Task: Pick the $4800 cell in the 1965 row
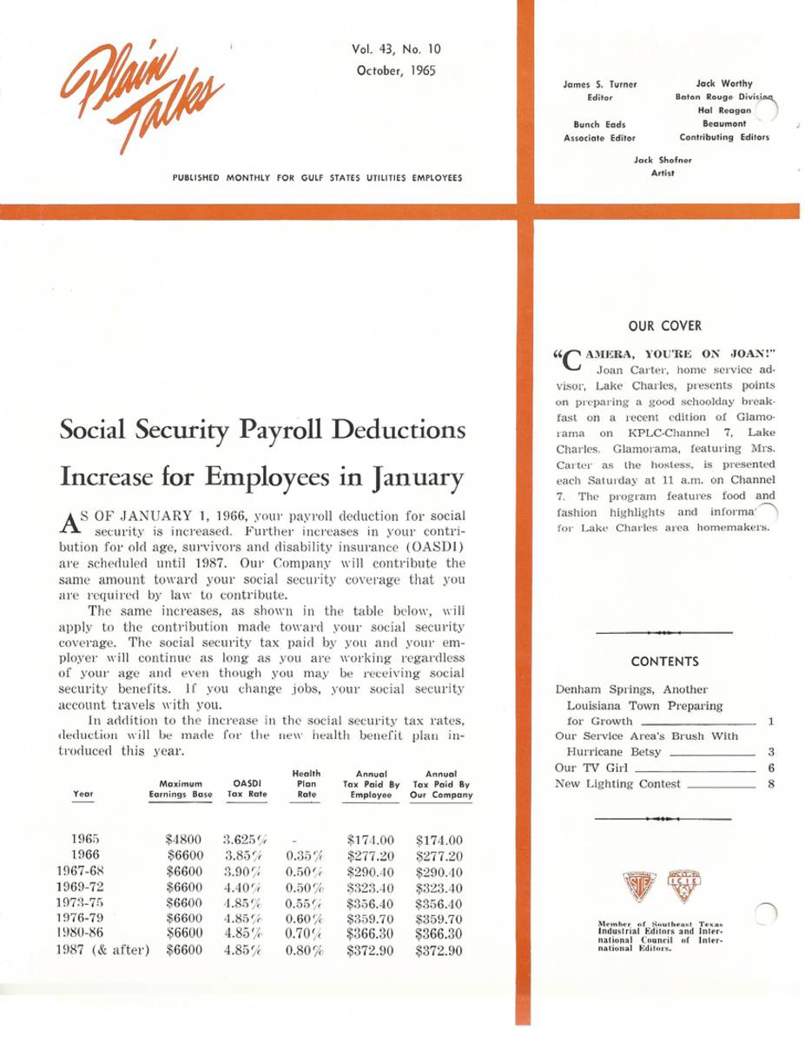pyautogui.click(x=183, y=840)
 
